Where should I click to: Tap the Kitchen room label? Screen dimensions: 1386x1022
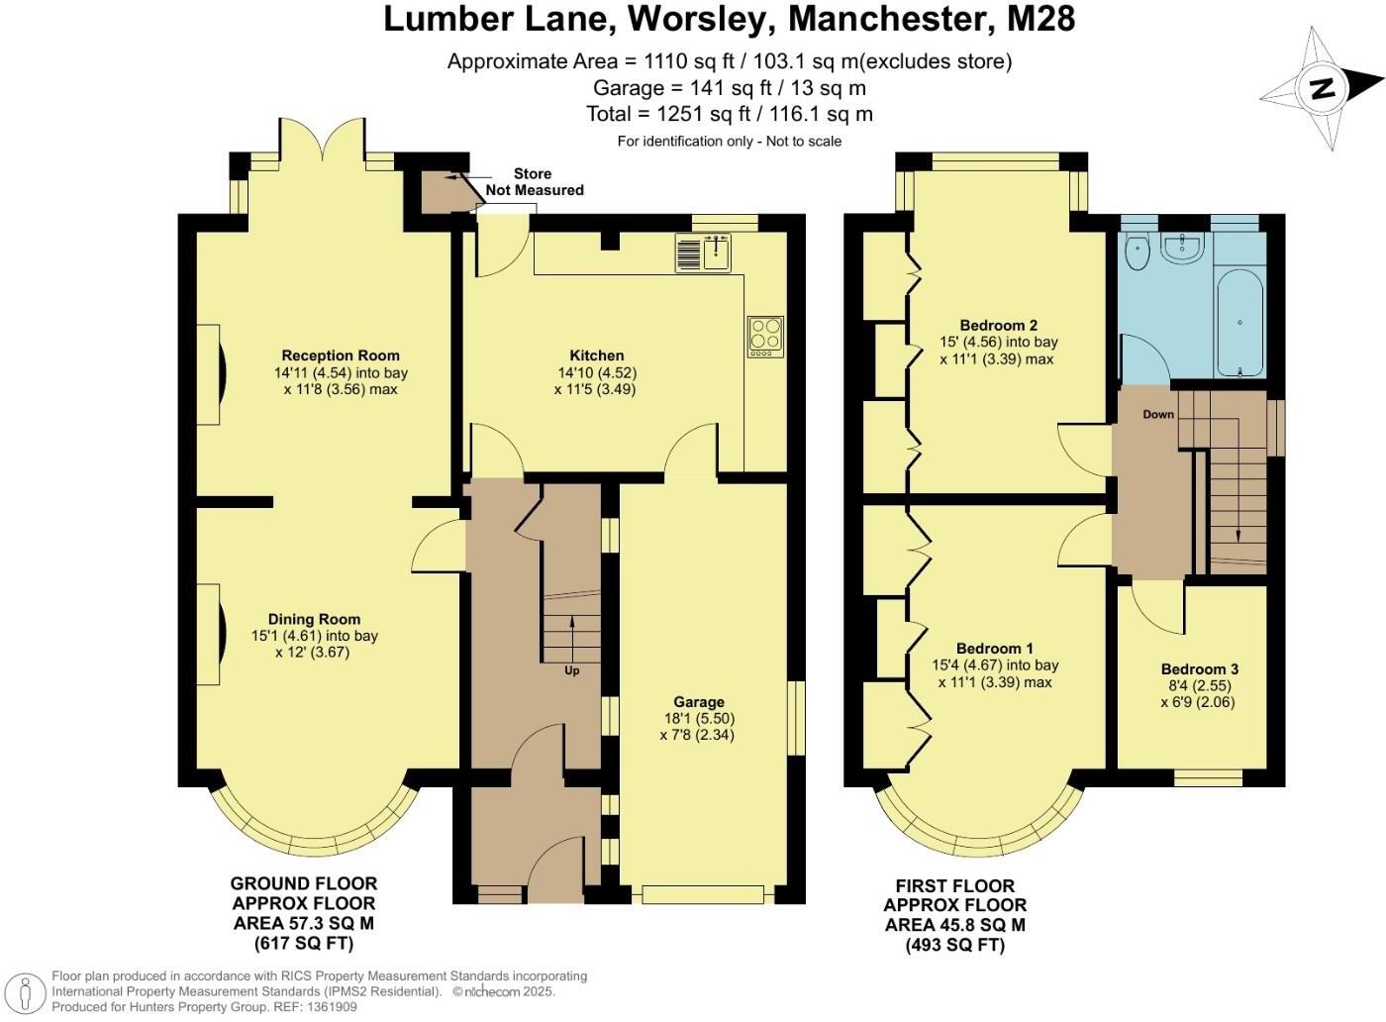(x=596, y=356)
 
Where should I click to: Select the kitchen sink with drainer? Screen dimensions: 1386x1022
(x=704, y=252)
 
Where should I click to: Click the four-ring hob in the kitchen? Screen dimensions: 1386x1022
(x=765, y=336)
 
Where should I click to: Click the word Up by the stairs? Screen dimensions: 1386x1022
(x=572, y=670)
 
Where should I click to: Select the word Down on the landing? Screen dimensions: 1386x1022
(x=1158, y=414)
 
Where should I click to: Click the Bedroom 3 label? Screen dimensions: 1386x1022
(x=1199, y=669)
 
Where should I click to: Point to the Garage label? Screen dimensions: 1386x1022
(x=699, y=702)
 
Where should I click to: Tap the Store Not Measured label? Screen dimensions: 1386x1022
(x=535, y=182)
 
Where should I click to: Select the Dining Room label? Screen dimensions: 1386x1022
(x=315, y=619)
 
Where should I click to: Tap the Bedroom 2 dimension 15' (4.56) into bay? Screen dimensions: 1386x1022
(x=999, y=342)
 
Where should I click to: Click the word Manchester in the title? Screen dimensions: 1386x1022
(x=886, y=19)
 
